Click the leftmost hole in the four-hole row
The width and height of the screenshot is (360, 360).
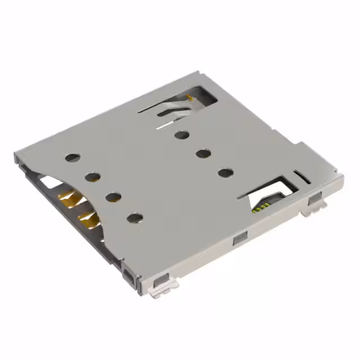[x=72, y=158]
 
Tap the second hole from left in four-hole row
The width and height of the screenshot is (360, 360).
[x=93, y=178]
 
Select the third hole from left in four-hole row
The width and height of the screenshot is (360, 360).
[x=114, y=197]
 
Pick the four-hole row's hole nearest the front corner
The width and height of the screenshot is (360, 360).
[x=134, y=217]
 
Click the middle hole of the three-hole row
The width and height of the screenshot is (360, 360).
[x=203, y=153]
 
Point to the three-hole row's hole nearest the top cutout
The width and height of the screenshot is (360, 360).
[x=182, y=134]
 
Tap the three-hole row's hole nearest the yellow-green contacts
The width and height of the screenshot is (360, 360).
[x=225, y=172]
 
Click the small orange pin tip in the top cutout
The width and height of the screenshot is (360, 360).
[x=190, y=99]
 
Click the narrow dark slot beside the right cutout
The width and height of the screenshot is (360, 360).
[x=301, y=178]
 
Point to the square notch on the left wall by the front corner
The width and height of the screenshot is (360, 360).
[x=130, y=275]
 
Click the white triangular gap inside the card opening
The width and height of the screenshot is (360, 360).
[x=49, y=182]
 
